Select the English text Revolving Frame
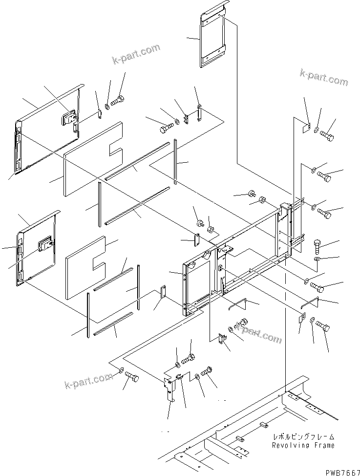coord(304,445)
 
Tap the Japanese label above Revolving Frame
coord(304,436)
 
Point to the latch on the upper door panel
coord(68,117)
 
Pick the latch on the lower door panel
coord(46,243)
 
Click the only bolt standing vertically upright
coord(316,244)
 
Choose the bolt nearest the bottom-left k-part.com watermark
coord(132,377)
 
